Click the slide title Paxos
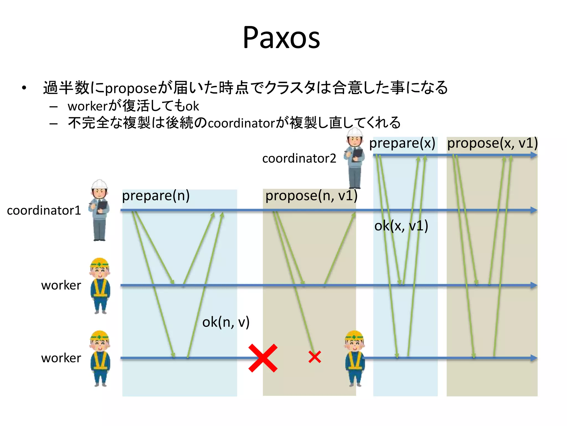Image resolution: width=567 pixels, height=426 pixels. (x=281, y=38)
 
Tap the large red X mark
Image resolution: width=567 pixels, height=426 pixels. (x=263, y=358)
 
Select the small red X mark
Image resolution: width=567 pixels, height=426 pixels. (x=315, y=357)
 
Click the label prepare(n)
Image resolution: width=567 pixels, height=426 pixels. (x=156, y=196)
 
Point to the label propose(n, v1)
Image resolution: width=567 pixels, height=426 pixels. (x=311, y=196)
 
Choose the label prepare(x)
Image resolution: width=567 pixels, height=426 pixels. (x=402, y=143)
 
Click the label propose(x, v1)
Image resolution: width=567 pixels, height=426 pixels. (x=493, y=143)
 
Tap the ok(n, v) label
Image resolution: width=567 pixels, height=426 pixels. (x=226, y=322)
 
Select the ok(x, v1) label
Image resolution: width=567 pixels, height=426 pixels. (x=401, y=226)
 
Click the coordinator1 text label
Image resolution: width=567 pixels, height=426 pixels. (x=44, y=210)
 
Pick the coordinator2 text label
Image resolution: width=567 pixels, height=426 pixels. (x=299, y=158)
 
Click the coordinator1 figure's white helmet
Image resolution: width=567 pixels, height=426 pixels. (x=99, y=184)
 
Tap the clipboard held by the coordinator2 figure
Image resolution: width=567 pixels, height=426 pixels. (x=357, y=154)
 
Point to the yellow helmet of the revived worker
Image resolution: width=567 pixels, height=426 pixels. (x=354, y=335)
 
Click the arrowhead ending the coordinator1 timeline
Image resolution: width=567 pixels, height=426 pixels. (x=534, y=210)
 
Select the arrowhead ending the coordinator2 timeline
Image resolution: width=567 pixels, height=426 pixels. (x=534, y=155)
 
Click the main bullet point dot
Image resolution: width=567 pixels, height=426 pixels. (x=24, y=88)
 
